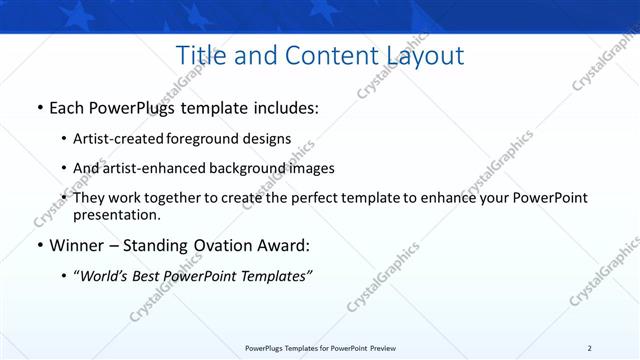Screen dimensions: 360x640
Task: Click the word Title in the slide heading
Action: pos(200,56)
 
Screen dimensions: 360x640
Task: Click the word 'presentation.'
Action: pos(116,214)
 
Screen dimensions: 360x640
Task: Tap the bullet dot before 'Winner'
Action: pos(39,246)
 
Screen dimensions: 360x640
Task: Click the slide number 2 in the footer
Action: pos(589,348)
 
